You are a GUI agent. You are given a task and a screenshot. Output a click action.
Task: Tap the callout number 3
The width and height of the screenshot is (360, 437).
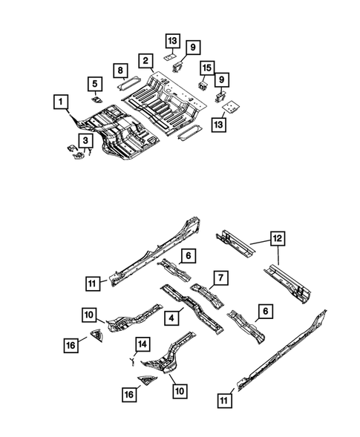(85, 140)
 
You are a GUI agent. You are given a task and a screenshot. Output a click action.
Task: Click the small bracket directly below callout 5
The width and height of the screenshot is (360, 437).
(96, 96)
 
